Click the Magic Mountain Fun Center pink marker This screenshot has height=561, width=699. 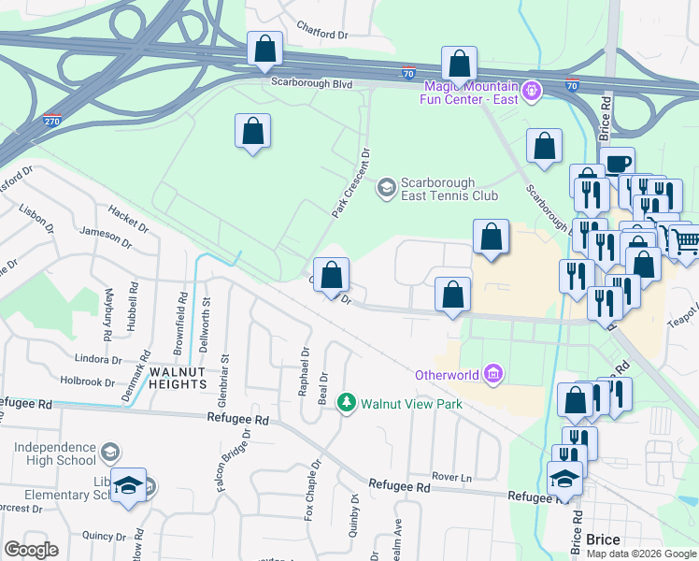[x=532, y=92]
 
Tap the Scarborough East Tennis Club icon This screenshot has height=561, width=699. [x=385, y=189]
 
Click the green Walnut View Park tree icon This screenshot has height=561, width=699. [x=347, y=403]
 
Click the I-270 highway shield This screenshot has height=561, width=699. [x=52, y=122]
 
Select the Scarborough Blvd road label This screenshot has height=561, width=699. [x=311, y=82]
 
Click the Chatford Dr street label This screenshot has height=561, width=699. [x=321, y=34]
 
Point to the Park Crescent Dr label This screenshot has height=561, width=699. [x=351, y=183]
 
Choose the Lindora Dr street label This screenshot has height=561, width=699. [x=99, y=359]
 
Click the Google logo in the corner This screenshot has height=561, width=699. [x=31, y=550]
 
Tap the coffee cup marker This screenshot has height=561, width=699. [x=617, y=163]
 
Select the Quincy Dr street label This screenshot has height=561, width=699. [x=103, y=536]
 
